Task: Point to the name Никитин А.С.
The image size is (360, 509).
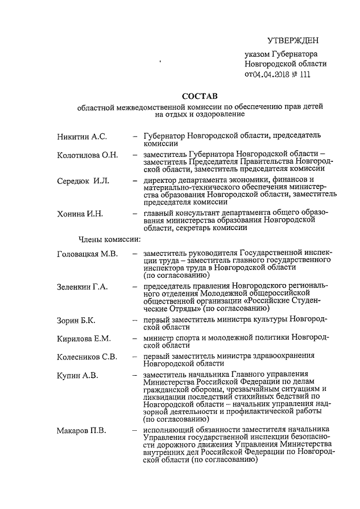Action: click(x=82, y=137)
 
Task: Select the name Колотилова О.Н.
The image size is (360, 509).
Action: click(x=87, y=155)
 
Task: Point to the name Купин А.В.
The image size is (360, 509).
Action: click(x=77, y=375)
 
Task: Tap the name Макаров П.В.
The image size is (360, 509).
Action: click(x=82, y=431)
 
